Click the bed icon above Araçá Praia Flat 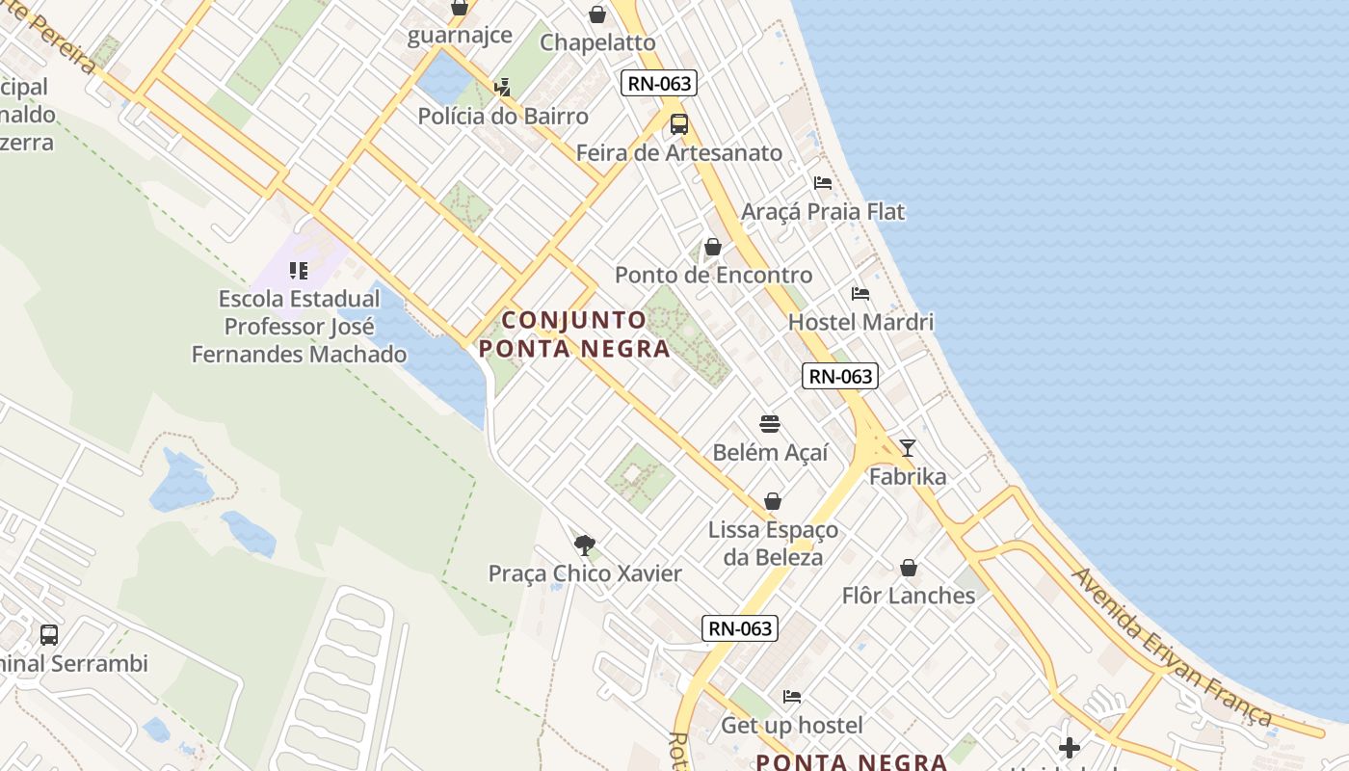click(x=822, y=182)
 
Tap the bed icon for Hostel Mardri click(x=860, y=293)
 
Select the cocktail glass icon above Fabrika click(x=907, y=447)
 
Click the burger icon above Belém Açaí click(x=769, y=423)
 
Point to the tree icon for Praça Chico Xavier click(x=584, y=545)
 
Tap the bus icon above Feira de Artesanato click(x=679, y=123)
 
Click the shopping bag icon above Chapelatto click(x=597, y=14)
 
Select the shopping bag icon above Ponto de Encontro click(x=713, y=247)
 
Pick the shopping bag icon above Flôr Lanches click(x=908, y=568)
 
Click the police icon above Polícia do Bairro click(x=502, y=88)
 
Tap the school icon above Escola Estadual click(x=299, y=270)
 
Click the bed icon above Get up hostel click(x=792, y=696)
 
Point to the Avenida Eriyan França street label click(x=1171, y=647)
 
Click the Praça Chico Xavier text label click(x=585, y=573)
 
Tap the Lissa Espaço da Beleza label click(x=773, y=544)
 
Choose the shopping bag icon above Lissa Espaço click(x=772, y=501)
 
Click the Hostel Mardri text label click(x=860, y=322)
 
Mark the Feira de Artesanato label click(x=679, y=152)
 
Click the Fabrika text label click(x=908, y=476)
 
